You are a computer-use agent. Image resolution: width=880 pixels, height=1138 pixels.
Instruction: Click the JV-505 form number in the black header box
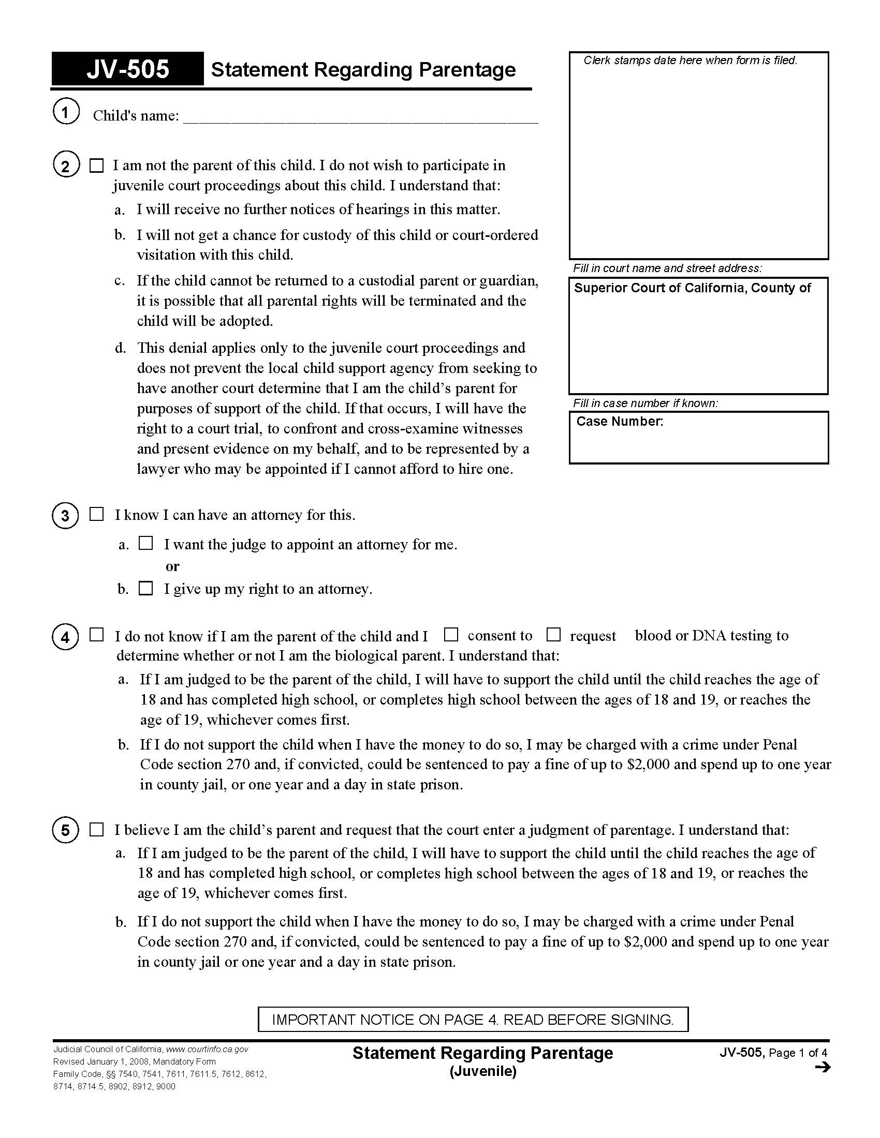tap(128, 69)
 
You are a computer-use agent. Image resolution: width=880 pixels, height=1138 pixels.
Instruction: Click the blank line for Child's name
tap(360, 117)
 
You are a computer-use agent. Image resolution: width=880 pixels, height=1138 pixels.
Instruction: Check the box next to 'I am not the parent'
tap(97, 166)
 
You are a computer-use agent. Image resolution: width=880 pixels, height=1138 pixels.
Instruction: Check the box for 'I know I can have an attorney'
tap(97, 515)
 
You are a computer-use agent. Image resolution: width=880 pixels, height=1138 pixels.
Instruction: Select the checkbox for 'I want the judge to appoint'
tap(146, 544)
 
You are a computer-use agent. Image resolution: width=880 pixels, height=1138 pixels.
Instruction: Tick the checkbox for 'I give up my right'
tap(146, 589)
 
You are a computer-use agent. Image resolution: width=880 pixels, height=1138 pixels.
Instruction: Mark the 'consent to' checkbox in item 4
tap(451, 635)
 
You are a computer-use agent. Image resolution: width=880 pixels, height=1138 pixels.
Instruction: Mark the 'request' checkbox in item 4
tap(553, 635)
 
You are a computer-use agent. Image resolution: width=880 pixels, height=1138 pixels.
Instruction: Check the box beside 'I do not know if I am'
tap(97, 635)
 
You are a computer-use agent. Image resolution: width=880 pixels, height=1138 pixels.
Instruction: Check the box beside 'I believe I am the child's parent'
tap(97, 830)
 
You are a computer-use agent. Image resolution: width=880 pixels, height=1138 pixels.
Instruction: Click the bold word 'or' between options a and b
tap(172, 566)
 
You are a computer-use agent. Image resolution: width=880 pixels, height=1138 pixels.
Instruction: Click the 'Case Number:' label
tap(619, 422)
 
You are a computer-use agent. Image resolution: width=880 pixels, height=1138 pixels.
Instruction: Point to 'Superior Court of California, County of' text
tap(692, 288)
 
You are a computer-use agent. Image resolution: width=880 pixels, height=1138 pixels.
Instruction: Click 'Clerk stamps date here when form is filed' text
tap(690, 61)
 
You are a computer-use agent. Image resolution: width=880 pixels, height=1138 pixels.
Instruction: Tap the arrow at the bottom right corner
tap(822, 1068)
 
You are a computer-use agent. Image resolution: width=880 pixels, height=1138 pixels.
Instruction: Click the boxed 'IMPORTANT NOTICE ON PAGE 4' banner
tap(473, 1019)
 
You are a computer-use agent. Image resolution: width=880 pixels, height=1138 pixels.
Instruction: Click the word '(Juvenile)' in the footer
tap(483, 1071)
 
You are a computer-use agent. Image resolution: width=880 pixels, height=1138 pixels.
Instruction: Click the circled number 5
tap(65, 830)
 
